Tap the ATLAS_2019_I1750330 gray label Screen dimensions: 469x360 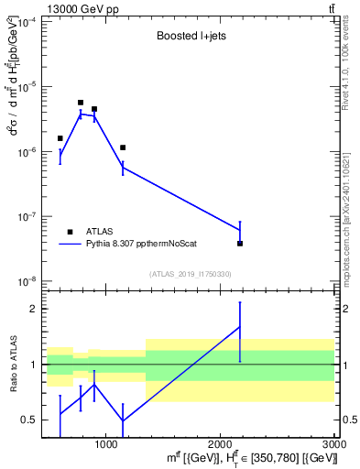click(190, 274)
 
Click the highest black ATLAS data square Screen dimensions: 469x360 click(81, 103)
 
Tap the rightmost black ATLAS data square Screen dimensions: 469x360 click(240, 244)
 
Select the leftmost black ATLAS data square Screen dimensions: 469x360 click(60, 138)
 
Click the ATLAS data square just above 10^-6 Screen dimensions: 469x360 click(123, 147)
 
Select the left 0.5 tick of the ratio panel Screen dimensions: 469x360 click(30, 420)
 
